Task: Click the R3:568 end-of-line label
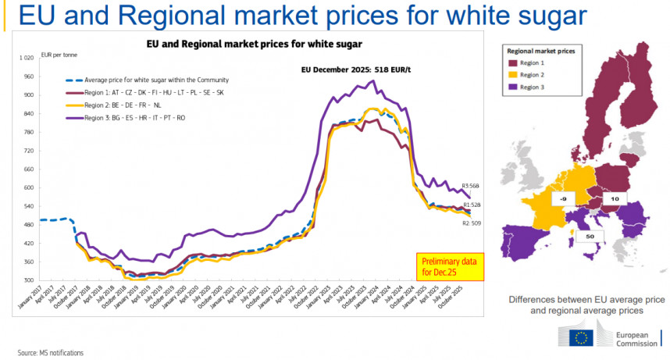coord(471,186)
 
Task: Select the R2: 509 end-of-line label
coord(472,223)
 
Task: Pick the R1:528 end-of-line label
coord(471,205)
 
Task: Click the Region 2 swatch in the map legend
coord(514,74)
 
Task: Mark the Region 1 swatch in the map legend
coord(514,62)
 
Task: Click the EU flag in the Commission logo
coord(581,337)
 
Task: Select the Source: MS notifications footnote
coord(51,353)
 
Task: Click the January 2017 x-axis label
coord(30,299)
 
